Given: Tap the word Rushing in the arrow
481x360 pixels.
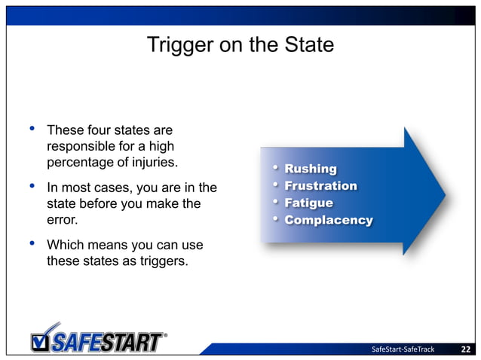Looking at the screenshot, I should click(x=311, y=169).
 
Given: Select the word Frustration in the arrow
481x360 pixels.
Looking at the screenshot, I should click(x=320, y=186).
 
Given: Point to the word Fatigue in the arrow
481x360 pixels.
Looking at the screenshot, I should click(x=308, y=203).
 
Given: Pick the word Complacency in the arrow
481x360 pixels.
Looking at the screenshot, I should click(x=329, y=221).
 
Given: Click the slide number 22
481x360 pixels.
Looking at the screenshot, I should click(x=466, y=349).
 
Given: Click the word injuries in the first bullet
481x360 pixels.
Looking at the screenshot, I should click(x=154, y=162).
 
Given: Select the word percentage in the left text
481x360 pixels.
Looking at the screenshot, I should click(x=80, y=162).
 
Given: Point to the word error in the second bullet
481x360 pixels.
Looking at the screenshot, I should click(x=63, y=221).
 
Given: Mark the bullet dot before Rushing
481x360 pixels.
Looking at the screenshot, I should click(x=276, y=167).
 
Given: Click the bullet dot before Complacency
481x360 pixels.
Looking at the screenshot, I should click(x=276, y=219).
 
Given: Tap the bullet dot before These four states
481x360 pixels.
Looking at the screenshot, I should click(x=32, y=129).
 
